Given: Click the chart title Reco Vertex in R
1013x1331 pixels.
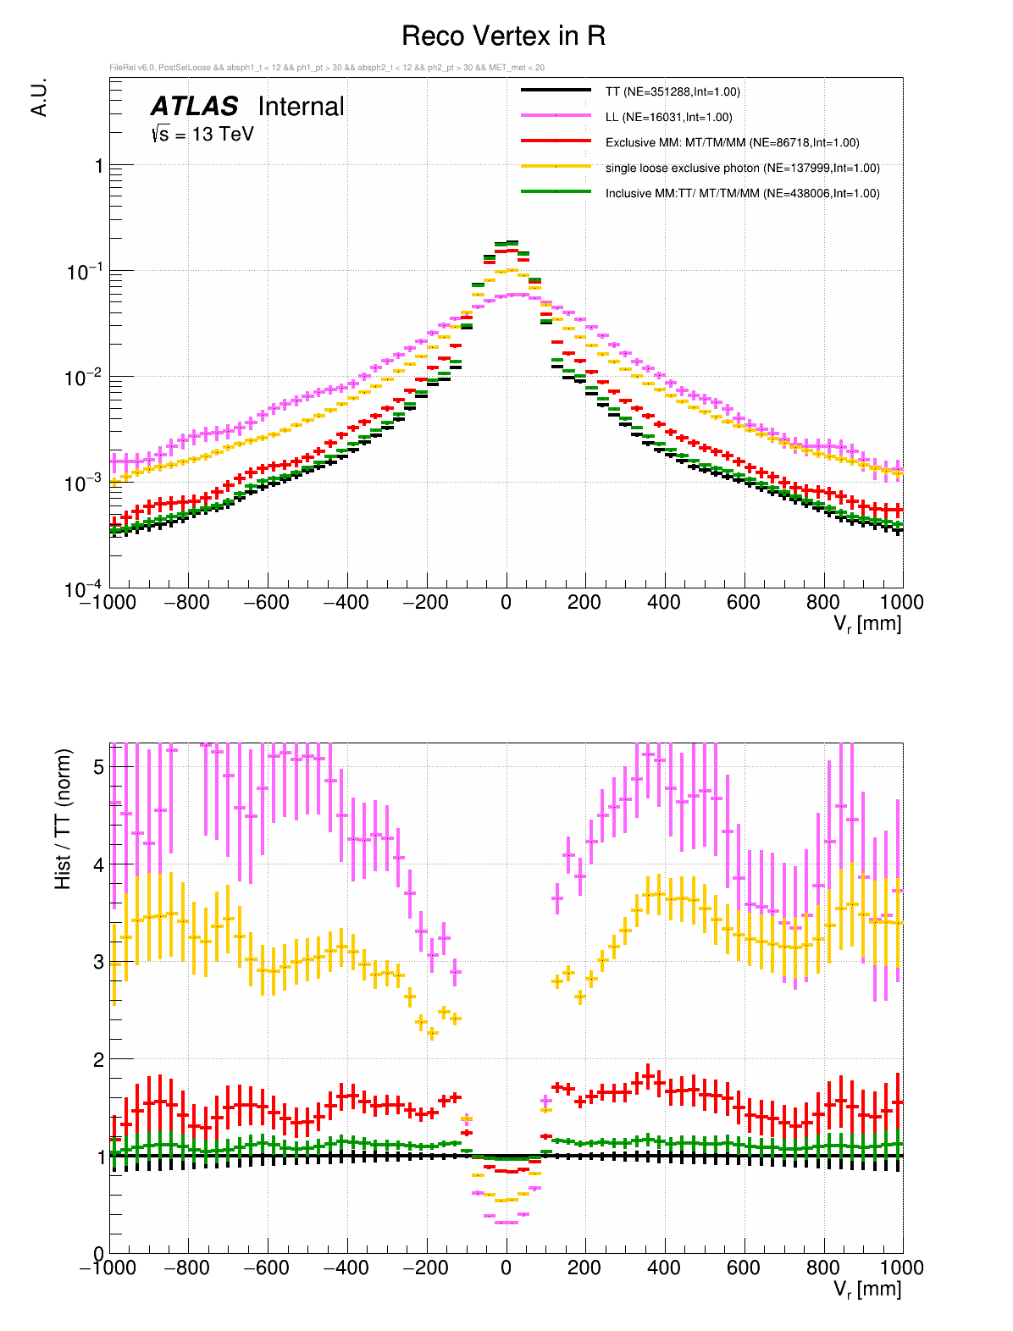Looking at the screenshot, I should (x=503, y=36).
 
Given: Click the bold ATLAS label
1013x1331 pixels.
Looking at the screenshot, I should (x=194, y=107).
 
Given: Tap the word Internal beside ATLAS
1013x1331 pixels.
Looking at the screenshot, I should (x=301, y=107).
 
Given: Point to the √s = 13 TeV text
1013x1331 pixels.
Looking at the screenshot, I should (x=202, y=134).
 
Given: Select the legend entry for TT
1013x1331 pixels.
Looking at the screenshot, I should (x=673, y=91).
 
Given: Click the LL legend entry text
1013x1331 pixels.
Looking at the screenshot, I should (x=668, y=117).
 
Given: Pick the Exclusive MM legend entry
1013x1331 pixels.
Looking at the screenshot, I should (x=732, y=142).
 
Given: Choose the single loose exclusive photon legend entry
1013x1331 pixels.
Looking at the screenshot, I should (x=742, y=168).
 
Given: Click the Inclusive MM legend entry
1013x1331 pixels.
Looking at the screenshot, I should (x=742, y=193).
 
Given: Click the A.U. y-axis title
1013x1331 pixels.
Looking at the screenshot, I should (x=39, y=97).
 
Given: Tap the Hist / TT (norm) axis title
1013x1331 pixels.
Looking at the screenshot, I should (x=64, y=819).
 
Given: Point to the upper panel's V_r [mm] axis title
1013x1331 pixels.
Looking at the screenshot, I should (x=867, y=624).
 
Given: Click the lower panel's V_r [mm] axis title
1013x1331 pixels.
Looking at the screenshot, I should (x=867, y=1290).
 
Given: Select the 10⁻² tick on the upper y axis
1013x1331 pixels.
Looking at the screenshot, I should (x=84, y=378).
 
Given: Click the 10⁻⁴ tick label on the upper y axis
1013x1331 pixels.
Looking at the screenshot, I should (x=84, y=589).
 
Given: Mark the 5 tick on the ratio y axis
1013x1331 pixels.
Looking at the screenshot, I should (x=99, y=767).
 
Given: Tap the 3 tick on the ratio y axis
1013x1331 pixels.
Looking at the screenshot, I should (x=99, y=962).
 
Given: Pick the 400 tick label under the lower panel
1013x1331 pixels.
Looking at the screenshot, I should (x=664, y=1267).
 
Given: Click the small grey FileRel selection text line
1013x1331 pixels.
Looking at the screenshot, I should (x=327, y=68).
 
